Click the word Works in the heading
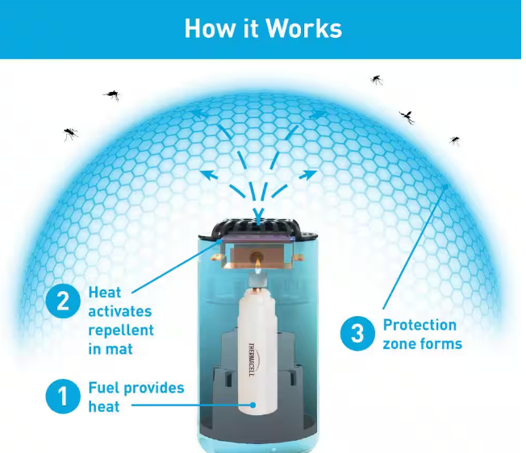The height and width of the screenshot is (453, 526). click(x=303, y=28)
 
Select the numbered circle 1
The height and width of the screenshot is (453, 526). click(x=62, y=397)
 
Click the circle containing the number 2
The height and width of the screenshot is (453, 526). click(x=62, y=301)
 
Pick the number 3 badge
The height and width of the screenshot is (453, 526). click(x=356, y=334)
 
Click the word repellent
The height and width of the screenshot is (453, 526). click(x=121, y=329)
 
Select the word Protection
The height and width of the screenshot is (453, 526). click(x=420, y=325)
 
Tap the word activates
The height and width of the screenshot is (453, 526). click(x=120, y=311)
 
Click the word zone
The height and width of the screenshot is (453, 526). click(x=400, y=343)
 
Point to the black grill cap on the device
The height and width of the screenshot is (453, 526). click(x=258, y=226)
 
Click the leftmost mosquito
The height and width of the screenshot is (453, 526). click(x=71, y=133)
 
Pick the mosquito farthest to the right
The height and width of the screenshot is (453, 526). click(x=455, y=140)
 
